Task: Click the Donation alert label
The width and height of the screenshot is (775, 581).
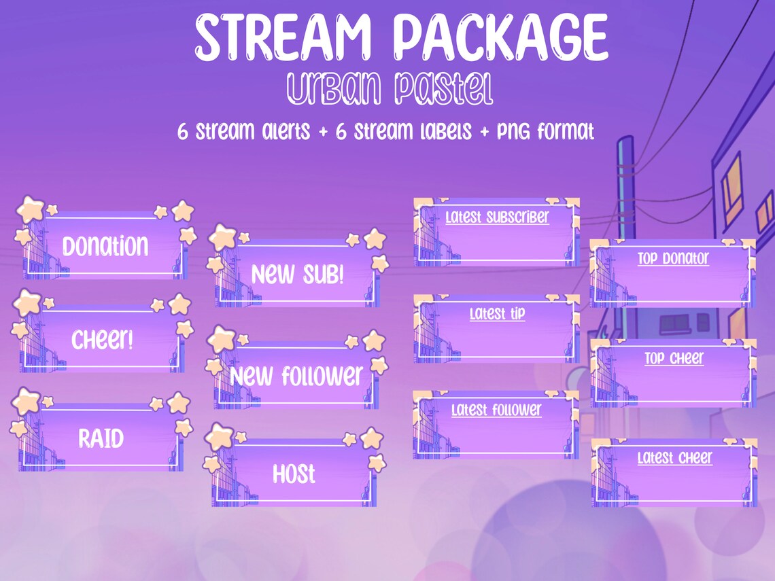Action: pyautogui.click(x=105, y=246)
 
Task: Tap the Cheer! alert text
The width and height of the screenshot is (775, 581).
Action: pyautogui.click(x=103, y=339)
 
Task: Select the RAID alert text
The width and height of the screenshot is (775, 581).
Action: pyautogui.click(x=101, y=438)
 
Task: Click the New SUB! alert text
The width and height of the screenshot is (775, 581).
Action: pyautogui.click(x=298, y=275)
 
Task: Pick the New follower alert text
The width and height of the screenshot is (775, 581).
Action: pyautogui.click(x=297, y=375)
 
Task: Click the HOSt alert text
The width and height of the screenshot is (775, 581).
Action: pyautogui.click(x=294, y=474)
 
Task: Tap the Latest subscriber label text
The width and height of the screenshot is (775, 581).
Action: pyautogui.click(x=497, y=217)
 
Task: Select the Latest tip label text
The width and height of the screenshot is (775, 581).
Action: pyautogui.click(x=497, y=314)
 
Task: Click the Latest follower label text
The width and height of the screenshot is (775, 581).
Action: pyautogui.click(x=496, y=410)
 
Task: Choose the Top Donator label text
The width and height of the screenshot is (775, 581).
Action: pyautogui.click(x=673, y=258)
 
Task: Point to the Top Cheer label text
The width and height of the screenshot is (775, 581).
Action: pyautogui.click(x=674, y=358)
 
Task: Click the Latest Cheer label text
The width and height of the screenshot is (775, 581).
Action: pyautogui.click(x=674, y=457)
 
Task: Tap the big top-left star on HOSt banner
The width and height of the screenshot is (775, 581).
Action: pyautogui.click(x=219, y=436)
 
